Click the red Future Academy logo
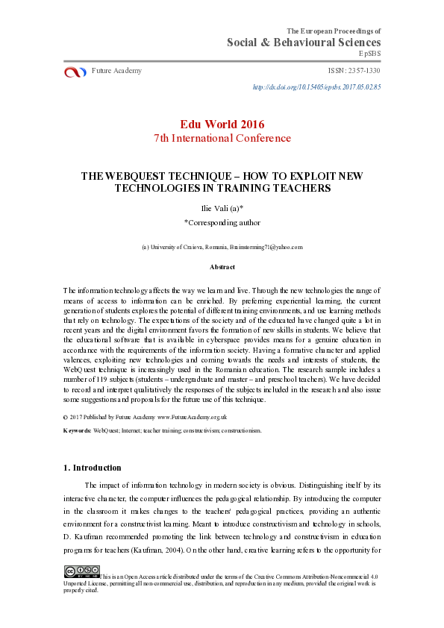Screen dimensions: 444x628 coord(75,72)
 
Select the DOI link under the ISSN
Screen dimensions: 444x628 coord(317,87)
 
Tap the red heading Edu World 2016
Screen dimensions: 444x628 coord(222,124)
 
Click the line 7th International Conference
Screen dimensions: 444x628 coord(222,138)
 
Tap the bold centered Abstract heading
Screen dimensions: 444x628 coord(222,267)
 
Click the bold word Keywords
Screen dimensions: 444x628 coord(78,430)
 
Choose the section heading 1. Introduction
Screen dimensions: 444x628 coord(92,468)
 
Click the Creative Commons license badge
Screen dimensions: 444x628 coord(81,572)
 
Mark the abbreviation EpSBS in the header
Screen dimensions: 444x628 coord(370,54)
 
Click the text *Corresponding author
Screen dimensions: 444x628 coord(222,222)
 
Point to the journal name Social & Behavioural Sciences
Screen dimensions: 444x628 coord(304,42)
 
